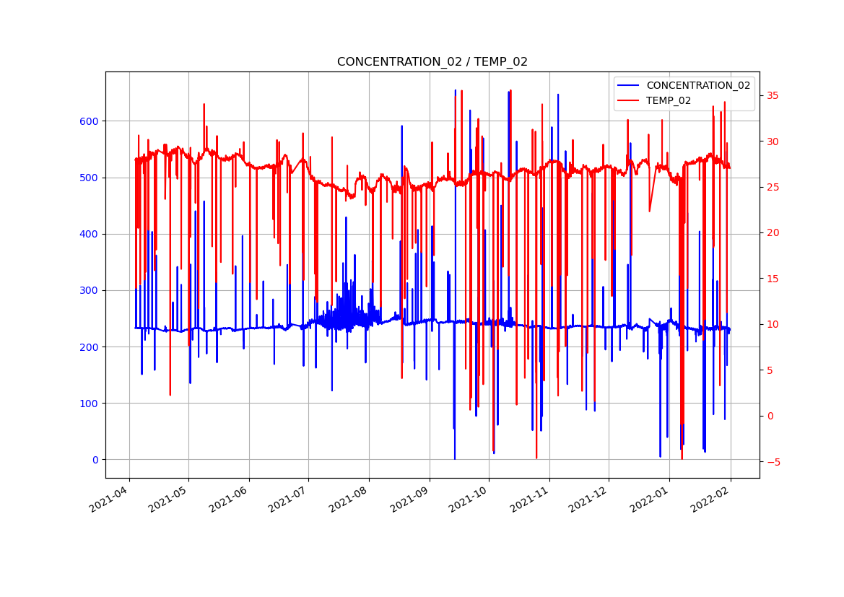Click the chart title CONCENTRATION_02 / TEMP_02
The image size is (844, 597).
pyautogui.click(x=432, y=62)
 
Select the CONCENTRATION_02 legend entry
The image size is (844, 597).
pyautogui.click(x=697, y=85)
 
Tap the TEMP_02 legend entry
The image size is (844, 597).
pyautogui.click(x=668, y=100)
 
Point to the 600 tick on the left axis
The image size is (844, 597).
pyautogui.click(x=90, y=121)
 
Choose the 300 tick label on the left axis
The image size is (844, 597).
pyautogui.click(x=90, y=290)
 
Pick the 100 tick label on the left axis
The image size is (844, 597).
pyautogui.click(x=90, y=404)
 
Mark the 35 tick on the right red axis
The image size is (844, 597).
pyautogui.click(x=773, y=96)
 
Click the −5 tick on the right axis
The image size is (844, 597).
pyautogui.click(x=773, y=462)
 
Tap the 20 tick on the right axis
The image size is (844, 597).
pyautogui.click(x=773, y=233)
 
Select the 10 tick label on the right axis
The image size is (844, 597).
pyautogui.click(x=773, y=324)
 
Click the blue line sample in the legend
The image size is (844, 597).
pyautogui.click(x=628, y=85)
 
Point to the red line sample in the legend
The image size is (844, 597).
pyautogui.click(x=628, y=100)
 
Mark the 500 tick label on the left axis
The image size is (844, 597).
pyautogui.click(x=90, y=178)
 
